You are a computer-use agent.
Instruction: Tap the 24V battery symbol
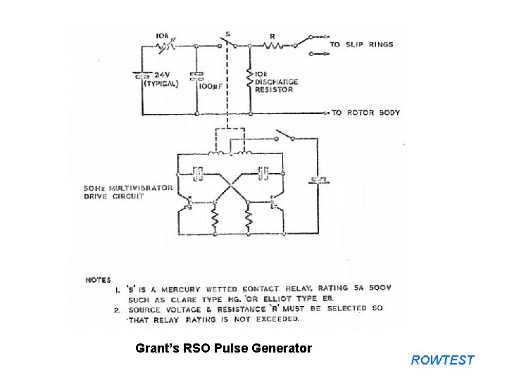pos(143,74)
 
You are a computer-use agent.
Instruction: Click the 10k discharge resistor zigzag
pos(251,77)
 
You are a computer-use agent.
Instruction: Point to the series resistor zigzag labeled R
pos(273,46)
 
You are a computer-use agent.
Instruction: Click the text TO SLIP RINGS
pos(362,44)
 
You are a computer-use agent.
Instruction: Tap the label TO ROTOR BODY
pos(365,113)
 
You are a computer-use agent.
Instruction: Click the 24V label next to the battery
pos(163,74)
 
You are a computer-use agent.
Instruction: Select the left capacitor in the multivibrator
pos(198,170)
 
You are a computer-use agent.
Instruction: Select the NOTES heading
pos(98,279)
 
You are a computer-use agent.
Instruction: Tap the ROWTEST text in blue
pos(443,360)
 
